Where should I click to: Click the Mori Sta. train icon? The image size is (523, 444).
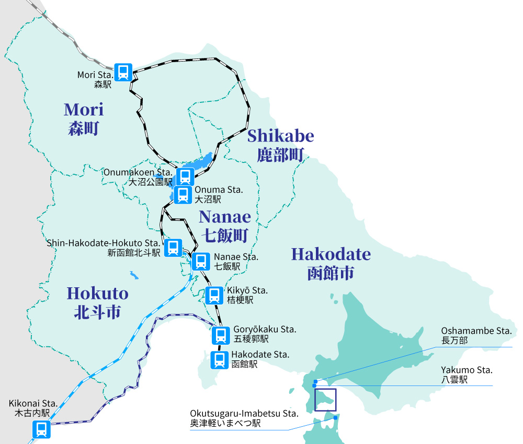coord(123,72)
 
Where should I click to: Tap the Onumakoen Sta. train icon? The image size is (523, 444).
coord(185,177)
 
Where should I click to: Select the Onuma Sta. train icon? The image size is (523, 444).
coord(183,195)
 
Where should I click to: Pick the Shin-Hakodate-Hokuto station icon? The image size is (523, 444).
coord(173,248)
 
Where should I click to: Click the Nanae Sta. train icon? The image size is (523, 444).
coord(201,261)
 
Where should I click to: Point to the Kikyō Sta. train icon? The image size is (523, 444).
coord(214,295)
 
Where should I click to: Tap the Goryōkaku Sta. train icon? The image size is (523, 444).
coord(221,335)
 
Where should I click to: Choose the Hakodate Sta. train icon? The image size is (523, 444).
coord(219,359)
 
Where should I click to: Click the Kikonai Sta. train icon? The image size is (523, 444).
coord(41,429)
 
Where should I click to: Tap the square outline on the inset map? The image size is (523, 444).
coord(325,400)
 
